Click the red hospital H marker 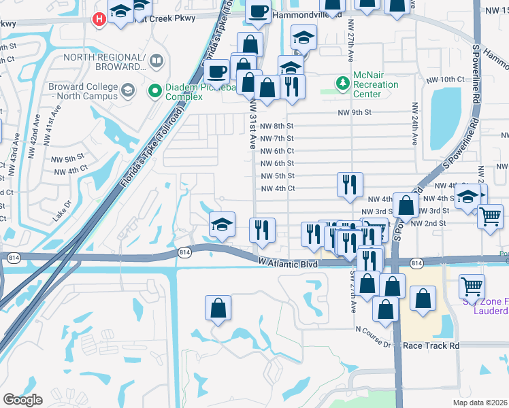99,18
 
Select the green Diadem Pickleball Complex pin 155,88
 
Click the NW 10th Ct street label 446,80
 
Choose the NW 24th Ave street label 414,124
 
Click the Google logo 22,399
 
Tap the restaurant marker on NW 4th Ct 350,184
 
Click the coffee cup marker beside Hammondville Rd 259,11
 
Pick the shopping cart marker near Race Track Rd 471,286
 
